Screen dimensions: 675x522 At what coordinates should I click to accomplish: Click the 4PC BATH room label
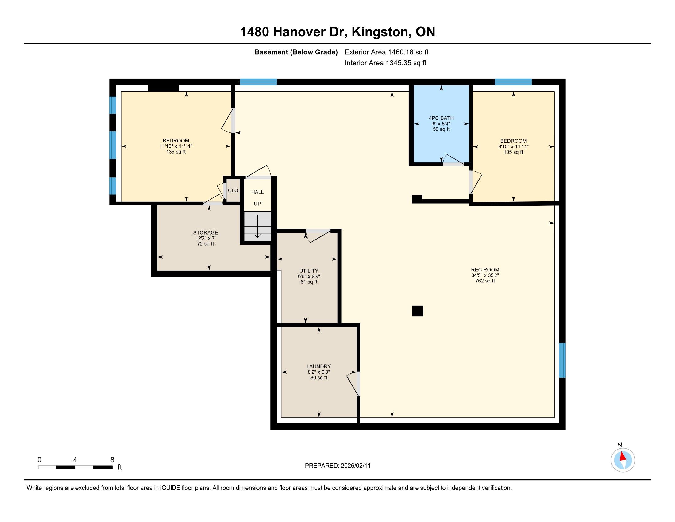[x=441, y=118]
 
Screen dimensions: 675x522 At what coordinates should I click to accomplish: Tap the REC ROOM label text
[x=485, y=270]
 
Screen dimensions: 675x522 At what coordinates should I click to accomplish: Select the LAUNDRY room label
[x=319, y=366]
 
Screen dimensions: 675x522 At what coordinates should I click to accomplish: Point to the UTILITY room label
[x=309, y=271]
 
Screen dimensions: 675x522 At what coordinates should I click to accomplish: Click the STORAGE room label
[x=206, y=232]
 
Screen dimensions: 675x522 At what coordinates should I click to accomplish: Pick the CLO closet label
[x=233, y=190]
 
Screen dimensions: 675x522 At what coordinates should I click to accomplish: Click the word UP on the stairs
[x=257, y=204]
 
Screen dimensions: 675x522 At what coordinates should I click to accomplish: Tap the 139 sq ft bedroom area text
[x=176, y=152]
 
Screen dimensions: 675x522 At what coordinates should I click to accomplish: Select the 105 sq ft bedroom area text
[x=513, y=152]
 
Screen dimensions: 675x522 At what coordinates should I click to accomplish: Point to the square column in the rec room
[x=418, y=311]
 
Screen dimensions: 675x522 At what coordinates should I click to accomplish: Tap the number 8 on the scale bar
[x=112, y=460]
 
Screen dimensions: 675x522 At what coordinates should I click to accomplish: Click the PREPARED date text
[x=337, y=466]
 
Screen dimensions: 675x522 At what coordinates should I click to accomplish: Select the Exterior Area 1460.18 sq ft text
[x=387, y=52]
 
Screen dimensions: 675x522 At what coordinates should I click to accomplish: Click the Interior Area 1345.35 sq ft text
[x=385, y=63]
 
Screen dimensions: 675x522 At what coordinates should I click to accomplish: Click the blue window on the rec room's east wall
[x=562, y=360]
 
